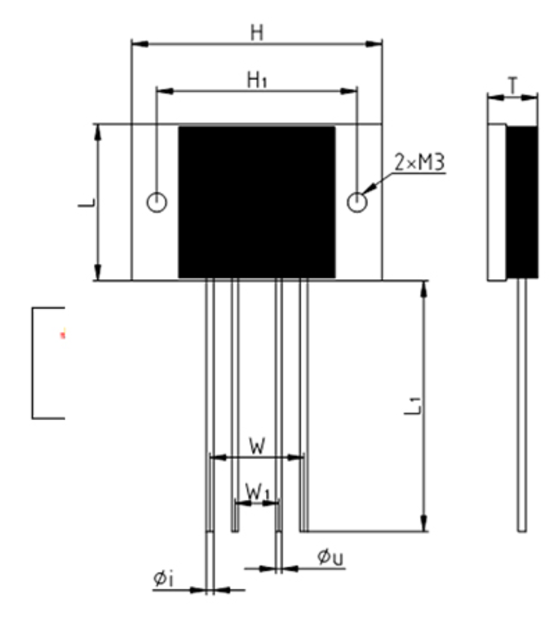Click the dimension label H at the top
257,34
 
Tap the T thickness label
513,87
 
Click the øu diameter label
330,558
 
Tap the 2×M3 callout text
420,162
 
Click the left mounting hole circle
157,203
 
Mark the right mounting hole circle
357,203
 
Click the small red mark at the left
62,334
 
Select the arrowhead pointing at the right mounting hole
369,190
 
